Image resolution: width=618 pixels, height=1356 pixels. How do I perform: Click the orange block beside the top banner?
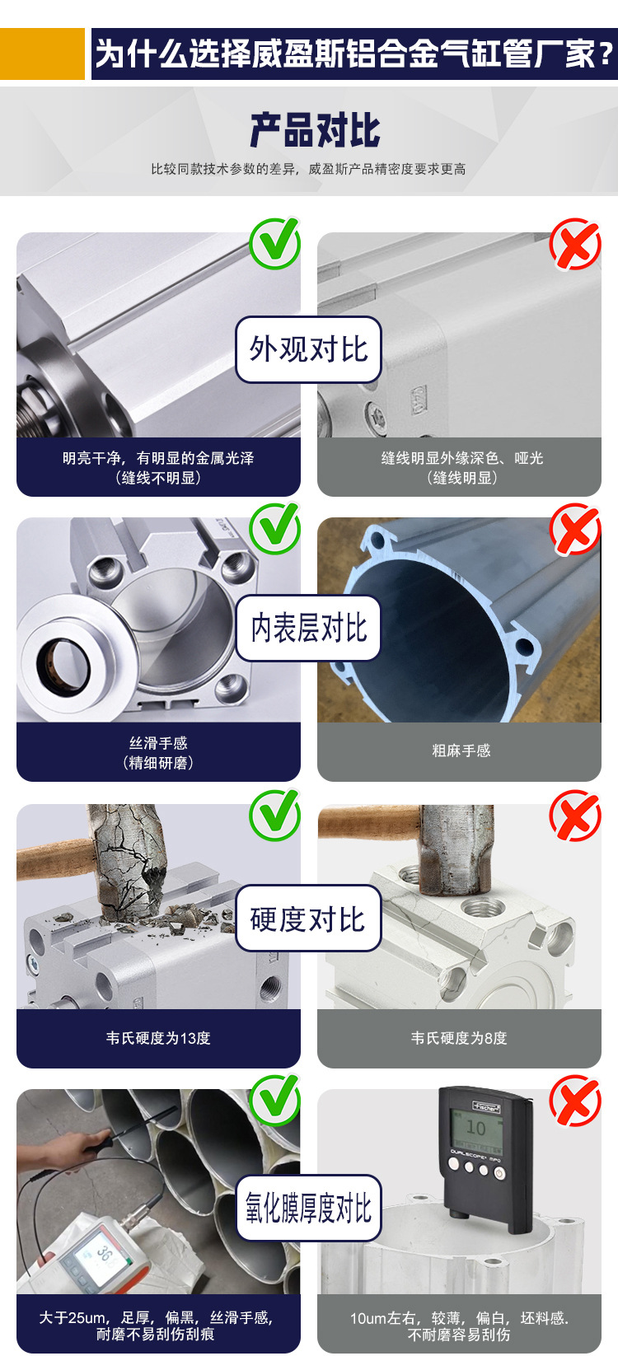click(42, 54)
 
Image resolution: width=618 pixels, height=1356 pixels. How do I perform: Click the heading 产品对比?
click(315, 130)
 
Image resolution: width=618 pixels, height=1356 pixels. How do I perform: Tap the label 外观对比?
click(308, 349)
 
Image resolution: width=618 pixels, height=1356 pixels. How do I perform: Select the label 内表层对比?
click(308, 628)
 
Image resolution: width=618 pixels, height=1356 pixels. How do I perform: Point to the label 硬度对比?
click(308, 919)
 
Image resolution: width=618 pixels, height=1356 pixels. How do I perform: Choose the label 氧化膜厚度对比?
click(308, 1208)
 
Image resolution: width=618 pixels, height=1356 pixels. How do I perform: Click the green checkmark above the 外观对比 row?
click(275, 243)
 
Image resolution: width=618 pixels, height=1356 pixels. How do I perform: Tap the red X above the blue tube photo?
click(575, 528)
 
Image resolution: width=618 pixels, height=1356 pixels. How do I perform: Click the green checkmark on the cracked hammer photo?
click(275, 814)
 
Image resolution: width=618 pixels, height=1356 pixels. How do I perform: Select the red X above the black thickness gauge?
click(575, 1100)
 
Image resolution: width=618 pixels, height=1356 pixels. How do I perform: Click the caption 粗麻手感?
click(461, 750)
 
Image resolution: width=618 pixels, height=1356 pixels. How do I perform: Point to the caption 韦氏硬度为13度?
click(158, 1038)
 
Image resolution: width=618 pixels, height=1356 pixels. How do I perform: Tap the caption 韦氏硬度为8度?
click(459, 1038)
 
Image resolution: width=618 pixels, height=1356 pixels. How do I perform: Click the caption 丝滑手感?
click(158, 743)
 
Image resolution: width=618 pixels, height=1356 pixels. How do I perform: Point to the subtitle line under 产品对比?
click(308, 169)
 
